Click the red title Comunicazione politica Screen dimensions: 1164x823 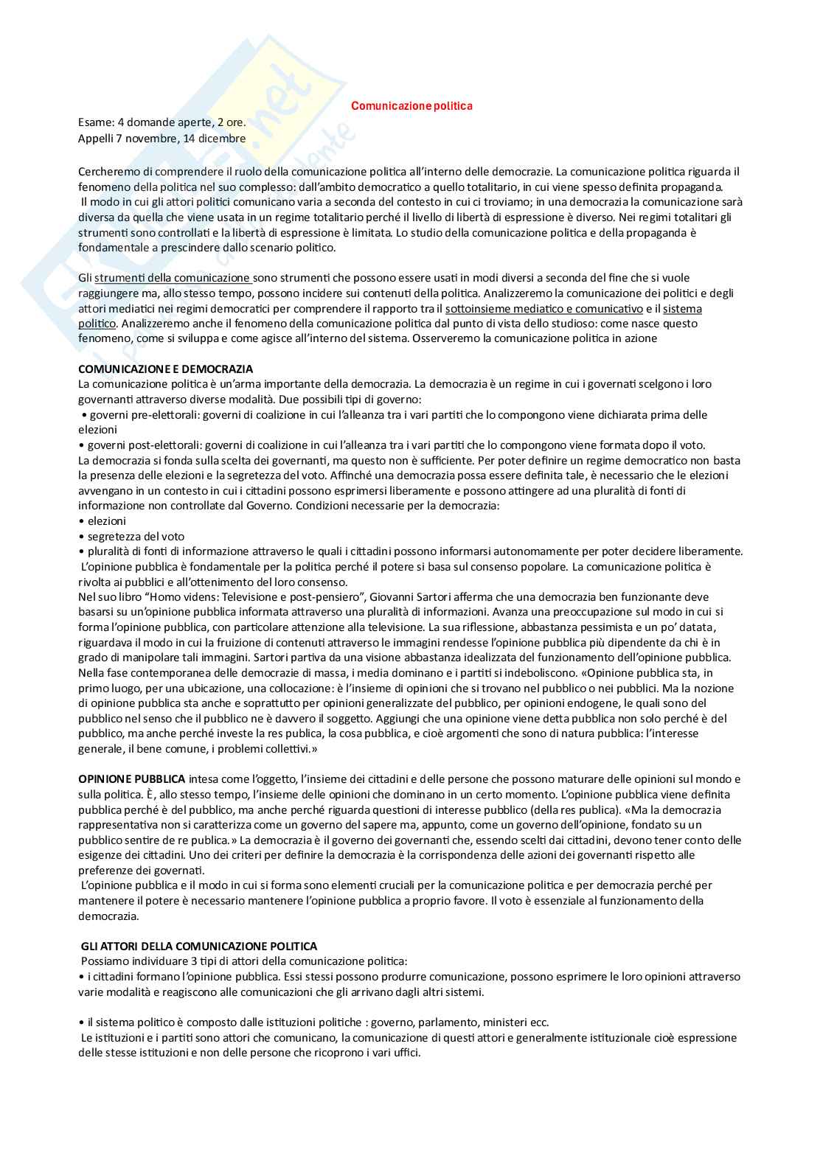click(411, 106)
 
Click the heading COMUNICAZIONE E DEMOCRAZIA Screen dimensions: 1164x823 click(165, 369)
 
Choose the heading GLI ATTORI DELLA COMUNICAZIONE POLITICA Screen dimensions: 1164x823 click(199, 946)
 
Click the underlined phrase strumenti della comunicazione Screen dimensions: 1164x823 click(173, 278)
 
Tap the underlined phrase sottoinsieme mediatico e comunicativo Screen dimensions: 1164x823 click(544, 309)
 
